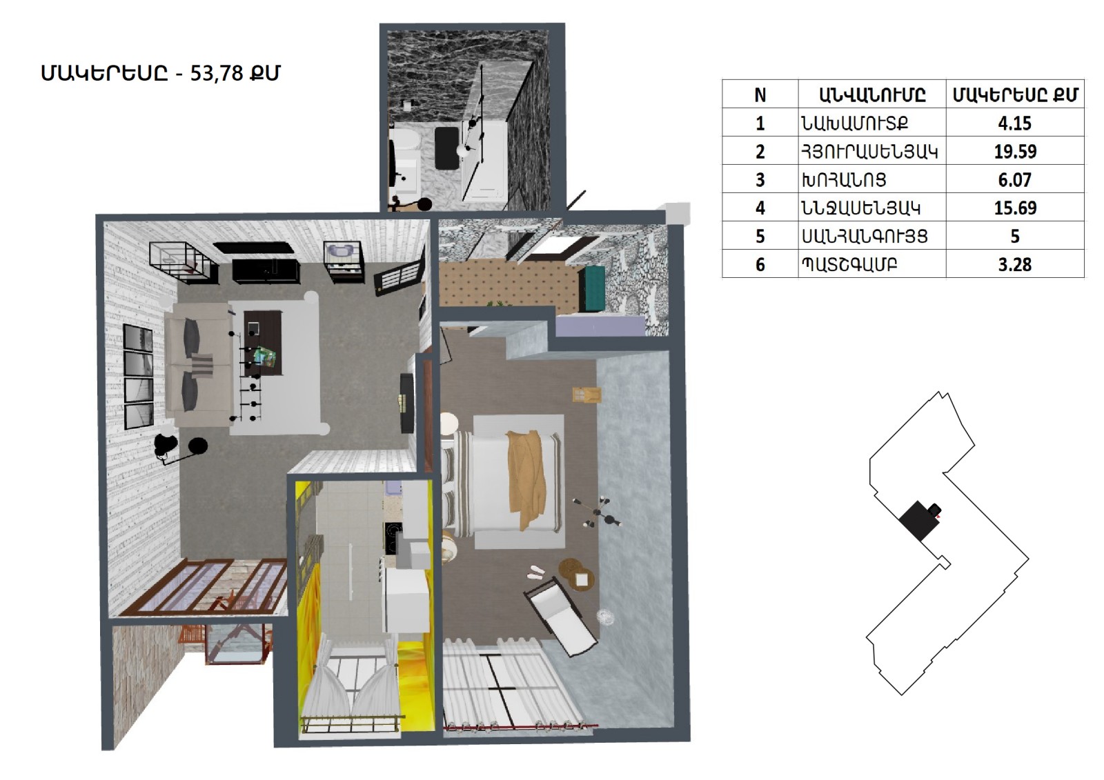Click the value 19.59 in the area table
[x=1015, y=151]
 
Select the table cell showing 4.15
[x=1015, y=123]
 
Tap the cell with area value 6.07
[x=1015, y=180]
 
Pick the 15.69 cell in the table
[x=1015, y=208]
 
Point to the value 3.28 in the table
[x=1015, y=265]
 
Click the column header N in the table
[x=760, y=94]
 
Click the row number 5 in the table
[x=760, y=237]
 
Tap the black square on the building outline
[x=916, y=521]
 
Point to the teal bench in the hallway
[x=592, y=288]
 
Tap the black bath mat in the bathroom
[x=447, y=148]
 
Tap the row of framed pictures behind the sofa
[x=138, y=377]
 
